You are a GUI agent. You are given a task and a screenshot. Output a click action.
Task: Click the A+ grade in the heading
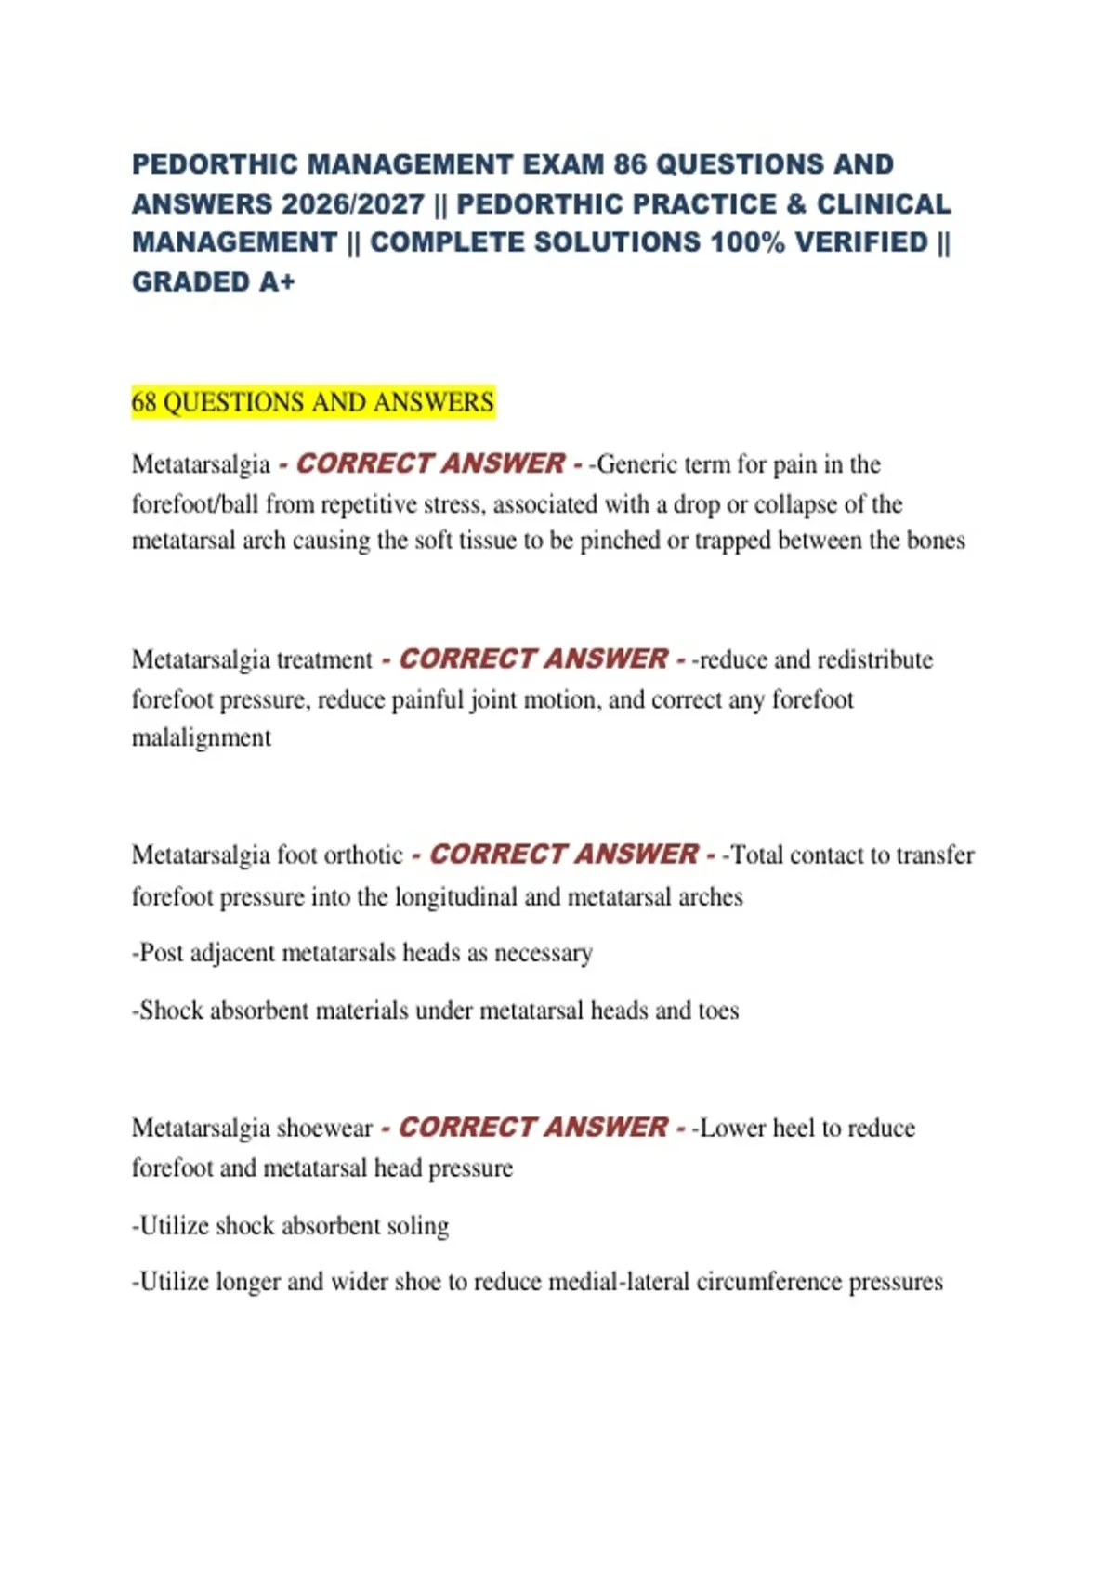coord(277,281)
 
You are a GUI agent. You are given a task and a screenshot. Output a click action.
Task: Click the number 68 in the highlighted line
coord(144,402)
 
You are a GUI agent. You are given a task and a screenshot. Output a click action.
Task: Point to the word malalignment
coord(202,737)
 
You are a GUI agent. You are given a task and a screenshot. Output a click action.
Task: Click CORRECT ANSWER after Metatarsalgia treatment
coord(533,659)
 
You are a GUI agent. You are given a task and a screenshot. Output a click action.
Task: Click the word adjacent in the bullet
coord(232,953)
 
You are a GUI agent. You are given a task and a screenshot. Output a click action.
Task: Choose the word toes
coord(718,1011)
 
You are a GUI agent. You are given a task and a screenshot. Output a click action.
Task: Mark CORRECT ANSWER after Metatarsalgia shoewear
coord(533,1128)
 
